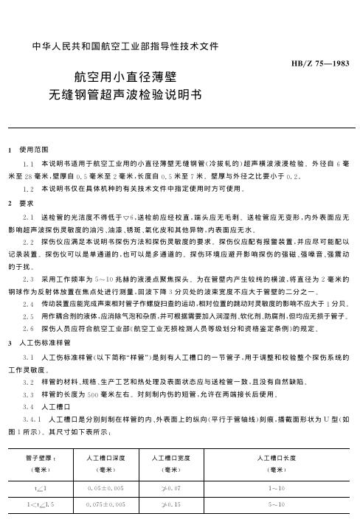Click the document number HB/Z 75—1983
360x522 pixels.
click(x=322, y=64)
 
